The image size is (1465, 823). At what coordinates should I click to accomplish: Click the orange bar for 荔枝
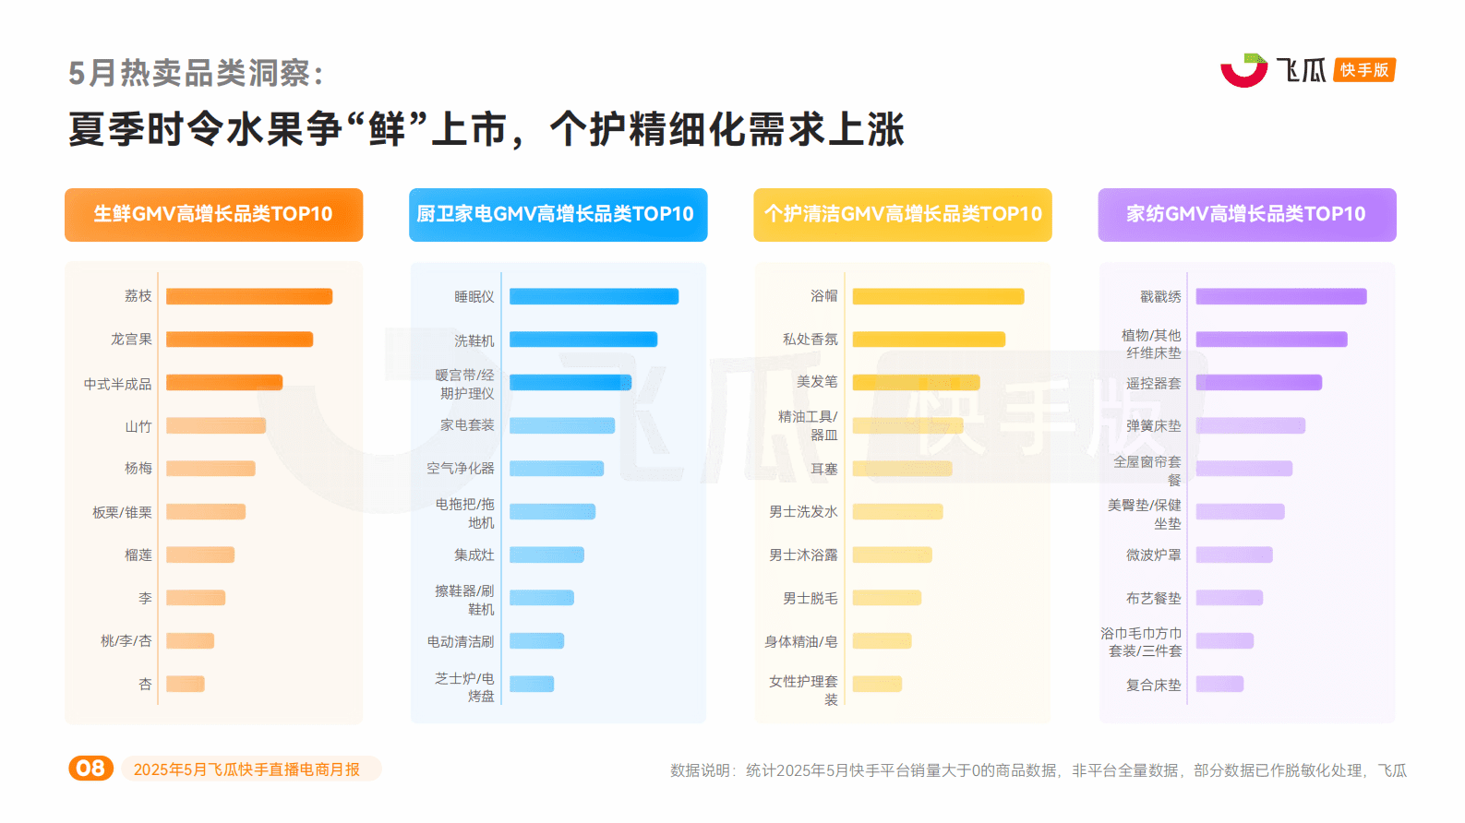click(248, 296)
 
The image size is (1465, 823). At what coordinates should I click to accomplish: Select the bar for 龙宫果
click(239, 340)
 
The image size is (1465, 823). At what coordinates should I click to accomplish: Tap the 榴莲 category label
click(138, 555)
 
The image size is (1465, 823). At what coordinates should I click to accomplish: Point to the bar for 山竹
click(216, 425)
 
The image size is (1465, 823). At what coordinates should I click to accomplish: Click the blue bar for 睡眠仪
click(594, 296)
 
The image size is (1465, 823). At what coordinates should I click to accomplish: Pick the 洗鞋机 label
click(474, 340)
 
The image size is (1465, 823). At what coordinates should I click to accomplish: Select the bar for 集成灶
click(546, 555)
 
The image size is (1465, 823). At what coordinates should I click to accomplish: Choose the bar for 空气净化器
click(557, 469)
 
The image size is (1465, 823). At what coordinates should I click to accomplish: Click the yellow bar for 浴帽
click(938, 296)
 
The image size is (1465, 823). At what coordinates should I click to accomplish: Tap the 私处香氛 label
click(810, 340)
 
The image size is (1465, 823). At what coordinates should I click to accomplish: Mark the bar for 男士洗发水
click(897, 511)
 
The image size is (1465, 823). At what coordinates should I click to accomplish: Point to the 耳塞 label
click(823, 469)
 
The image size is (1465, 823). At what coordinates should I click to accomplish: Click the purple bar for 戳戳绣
click(1280, 296)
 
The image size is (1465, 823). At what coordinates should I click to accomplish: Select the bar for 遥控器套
click(1258, 382)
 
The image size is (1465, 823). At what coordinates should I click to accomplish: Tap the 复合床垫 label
click(1153, 685)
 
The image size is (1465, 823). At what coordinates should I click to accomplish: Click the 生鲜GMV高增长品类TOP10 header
click(213, 215)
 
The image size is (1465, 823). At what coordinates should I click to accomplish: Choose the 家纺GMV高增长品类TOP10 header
click(1246, 215)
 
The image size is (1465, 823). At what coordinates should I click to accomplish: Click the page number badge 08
click(90, 769)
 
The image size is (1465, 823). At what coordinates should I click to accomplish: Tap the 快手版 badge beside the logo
click(1363, 70)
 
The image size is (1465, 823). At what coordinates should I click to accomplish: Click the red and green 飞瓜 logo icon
click(1243, 70)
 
